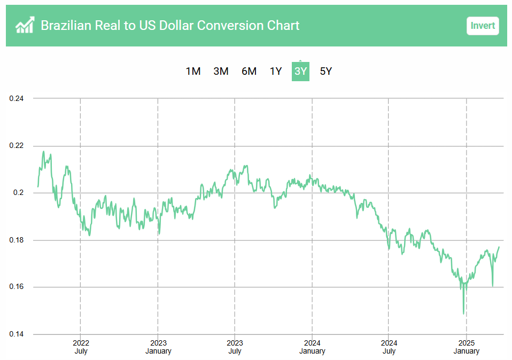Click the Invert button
482,26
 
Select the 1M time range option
193,71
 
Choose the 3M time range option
221,71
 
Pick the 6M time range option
249,71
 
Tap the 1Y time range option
275,71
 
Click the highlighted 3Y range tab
300,71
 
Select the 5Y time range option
325,71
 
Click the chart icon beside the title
25,25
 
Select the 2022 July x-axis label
81,347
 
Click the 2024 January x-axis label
312,347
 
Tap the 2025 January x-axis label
467,347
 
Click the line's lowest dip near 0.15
463,314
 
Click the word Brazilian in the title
68,25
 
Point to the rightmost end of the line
499,247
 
